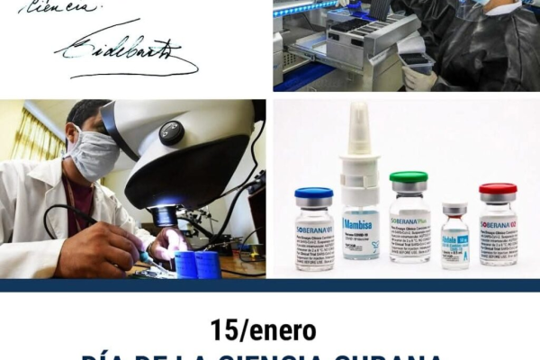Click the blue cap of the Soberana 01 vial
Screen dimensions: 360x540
313,194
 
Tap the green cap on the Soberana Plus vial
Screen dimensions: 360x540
409,178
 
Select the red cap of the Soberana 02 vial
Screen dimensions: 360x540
498,191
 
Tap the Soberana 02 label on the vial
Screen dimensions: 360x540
498,225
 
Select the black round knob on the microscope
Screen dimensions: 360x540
172,132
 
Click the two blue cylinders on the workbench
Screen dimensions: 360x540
199,264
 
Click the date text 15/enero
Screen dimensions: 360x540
263,330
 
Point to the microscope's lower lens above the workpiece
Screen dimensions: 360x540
164,216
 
